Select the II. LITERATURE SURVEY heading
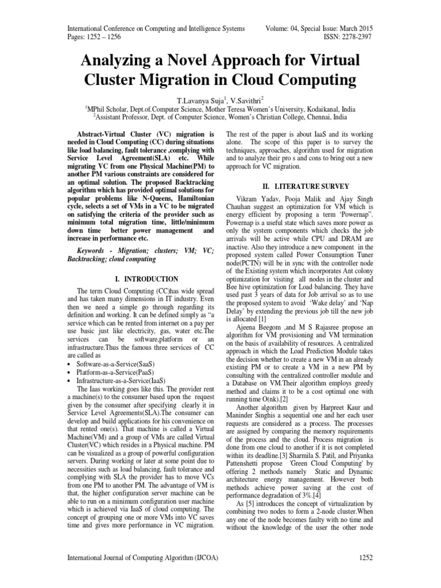click(x=299, y=187)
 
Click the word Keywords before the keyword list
click(x=94, y=250)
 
